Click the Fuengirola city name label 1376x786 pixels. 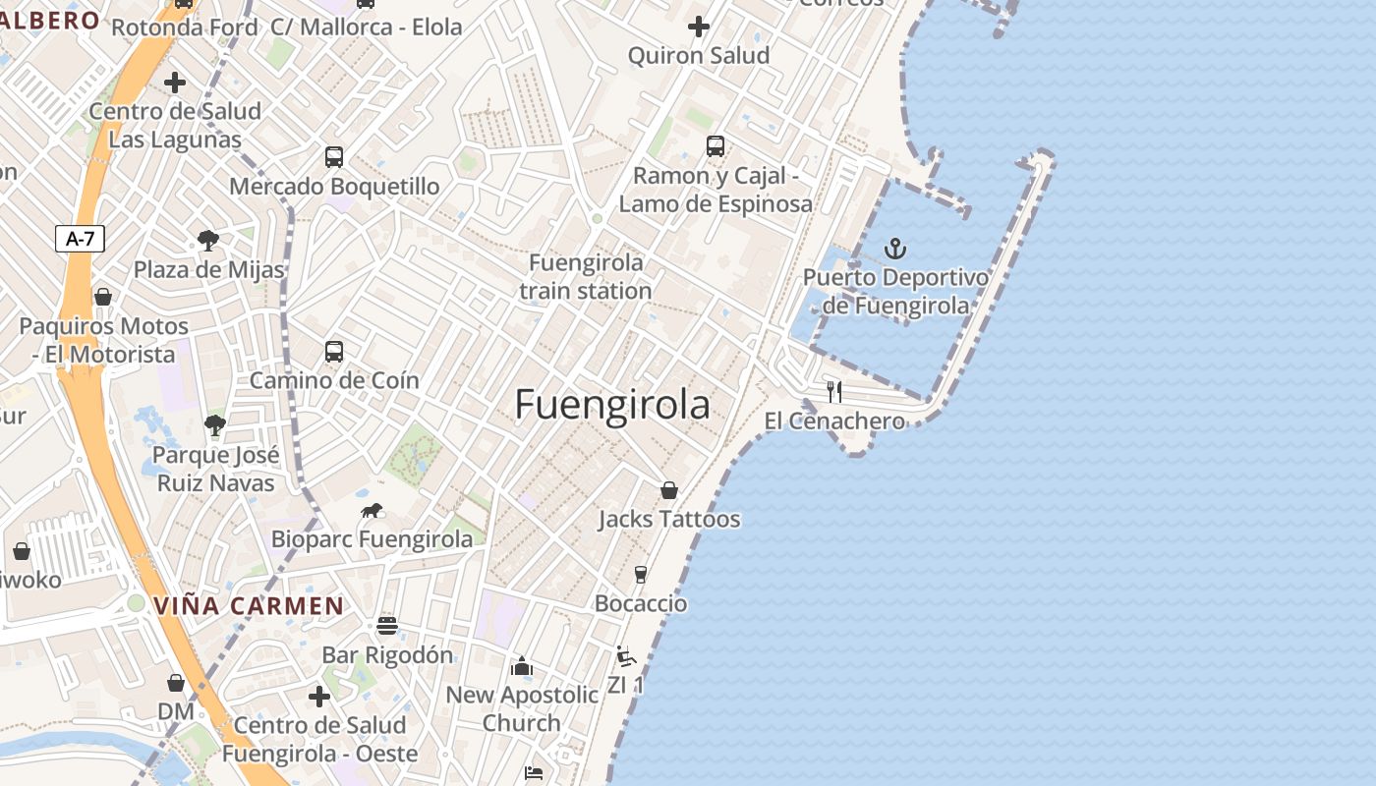click(611, 405)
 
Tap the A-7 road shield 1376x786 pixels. click(80, 239)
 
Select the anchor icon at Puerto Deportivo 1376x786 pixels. click(894, 249)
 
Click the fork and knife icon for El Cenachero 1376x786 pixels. click(834, 392)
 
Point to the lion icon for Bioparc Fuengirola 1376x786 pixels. click(372, 510)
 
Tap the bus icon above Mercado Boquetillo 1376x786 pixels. click(334, 157)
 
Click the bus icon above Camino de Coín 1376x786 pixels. click(334, 352)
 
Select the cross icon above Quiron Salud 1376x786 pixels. click(699, 27)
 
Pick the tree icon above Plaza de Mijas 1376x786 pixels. click(207, 241)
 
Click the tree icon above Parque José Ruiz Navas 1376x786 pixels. click(215, 425)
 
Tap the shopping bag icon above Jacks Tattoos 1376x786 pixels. click(669, 489)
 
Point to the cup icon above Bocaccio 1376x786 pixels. click(641, 575)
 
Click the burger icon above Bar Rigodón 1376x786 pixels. click(387, 626)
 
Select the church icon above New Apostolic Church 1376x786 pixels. click(522, 667)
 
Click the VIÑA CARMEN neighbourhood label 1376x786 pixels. click(249, 605)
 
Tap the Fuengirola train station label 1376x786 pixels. click(586, 277)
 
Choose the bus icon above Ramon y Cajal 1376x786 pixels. click(716, 146)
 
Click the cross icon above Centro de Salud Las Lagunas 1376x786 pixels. click(175, 83)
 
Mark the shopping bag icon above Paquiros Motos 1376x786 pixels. click(103, 297)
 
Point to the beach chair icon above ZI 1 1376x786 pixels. click(625, 656)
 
